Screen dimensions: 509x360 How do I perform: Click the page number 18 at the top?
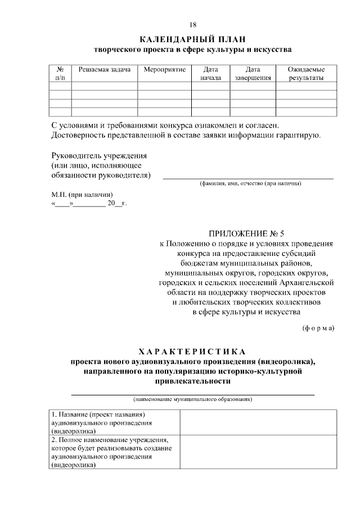pyautogui.click(x=193, y=25)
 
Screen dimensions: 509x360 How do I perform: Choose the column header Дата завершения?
pyautogui.click(x=253, y=73)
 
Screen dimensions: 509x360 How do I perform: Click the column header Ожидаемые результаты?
pyautogui.click(x=306, y=73)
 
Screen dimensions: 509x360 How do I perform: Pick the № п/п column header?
pyautogui.click(x=60, y=73)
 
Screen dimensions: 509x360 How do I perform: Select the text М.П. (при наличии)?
pyautogui.click(x=78, y=194)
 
